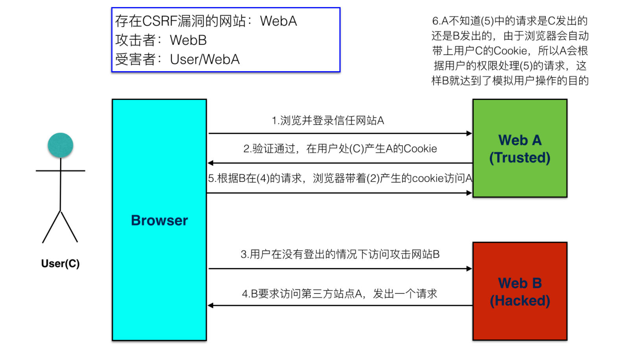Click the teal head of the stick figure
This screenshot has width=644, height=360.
[60, 145]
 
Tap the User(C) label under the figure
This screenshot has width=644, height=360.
[60, 263]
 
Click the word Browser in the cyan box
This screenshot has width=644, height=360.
[159, 220]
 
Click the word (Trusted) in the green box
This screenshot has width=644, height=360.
[520, 158]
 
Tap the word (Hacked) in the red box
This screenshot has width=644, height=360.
[520, 301]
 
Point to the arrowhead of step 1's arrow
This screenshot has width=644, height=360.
[469, 133]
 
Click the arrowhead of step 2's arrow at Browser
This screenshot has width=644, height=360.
[211, 163]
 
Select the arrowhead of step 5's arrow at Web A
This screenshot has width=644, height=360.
[469, 193]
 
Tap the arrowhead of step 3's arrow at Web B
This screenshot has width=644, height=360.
[469, 269]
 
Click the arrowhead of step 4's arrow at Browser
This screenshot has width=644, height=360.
[211, 305]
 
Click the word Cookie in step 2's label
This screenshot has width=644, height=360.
[420, 149]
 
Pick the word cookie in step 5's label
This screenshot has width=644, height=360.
[428, 178]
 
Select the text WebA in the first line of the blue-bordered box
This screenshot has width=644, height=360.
[278, 21]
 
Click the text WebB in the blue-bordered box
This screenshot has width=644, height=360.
[188, 40]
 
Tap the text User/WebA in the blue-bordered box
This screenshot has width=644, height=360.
[205, 59]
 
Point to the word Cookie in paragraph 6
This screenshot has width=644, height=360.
[510, 51]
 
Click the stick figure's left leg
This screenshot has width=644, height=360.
[51, 227]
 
